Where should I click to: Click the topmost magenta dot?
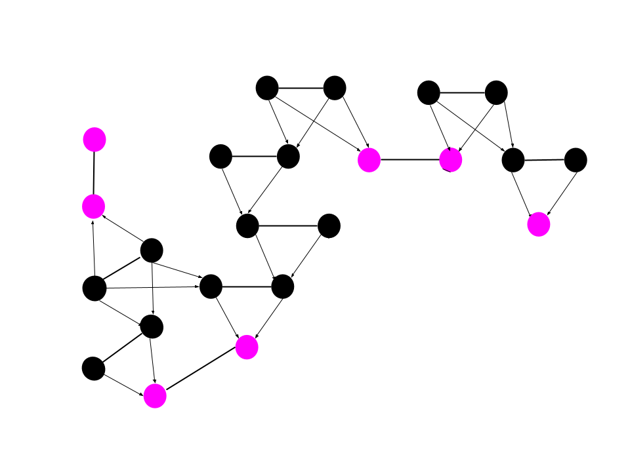94,140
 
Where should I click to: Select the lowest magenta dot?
155,396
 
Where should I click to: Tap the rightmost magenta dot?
539,224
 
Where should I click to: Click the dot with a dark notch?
451,160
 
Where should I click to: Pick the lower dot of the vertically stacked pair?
94,206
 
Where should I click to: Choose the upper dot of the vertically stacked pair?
94,140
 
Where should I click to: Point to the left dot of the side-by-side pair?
369,160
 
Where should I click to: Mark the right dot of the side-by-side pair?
451,160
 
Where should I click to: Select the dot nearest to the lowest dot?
247,347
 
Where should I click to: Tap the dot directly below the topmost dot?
94,206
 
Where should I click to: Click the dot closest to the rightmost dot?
451,160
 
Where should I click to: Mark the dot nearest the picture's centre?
369,160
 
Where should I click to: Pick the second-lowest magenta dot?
247,347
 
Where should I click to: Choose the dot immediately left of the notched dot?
369,160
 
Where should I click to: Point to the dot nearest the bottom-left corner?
155,396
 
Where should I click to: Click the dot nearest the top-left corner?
94,140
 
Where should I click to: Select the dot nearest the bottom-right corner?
539,224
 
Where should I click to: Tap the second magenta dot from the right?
451,160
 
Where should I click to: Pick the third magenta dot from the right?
369,160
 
